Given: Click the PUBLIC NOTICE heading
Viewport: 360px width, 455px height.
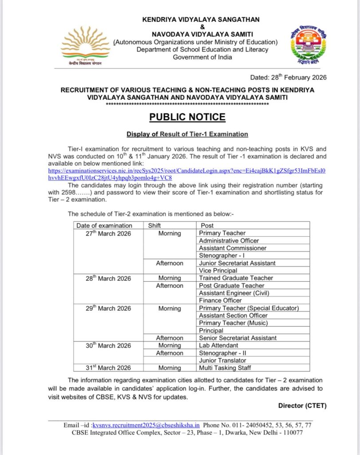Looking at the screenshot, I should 187,117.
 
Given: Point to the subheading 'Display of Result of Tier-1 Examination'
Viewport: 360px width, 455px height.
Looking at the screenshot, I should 187,134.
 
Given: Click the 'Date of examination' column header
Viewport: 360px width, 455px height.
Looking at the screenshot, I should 104,225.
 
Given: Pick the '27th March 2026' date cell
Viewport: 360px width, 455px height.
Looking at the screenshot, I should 108,233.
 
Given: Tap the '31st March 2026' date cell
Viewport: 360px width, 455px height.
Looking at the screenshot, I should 108,368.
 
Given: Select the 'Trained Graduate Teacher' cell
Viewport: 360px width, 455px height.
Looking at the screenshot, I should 236,278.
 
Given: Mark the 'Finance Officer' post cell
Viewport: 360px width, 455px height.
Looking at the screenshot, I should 220,300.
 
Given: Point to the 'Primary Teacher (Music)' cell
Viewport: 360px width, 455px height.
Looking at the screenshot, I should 233,323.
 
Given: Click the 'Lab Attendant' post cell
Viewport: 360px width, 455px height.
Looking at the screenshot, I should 218,345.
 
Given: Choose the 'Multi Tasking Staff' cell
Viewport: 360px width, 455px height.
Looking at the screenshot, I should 225,368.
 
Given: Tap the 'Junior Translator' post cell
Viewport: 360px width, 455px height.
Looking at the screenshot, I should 222,360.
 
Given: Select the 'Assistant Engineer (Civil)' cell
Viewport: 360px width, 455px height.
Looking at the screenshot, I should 234,293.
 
